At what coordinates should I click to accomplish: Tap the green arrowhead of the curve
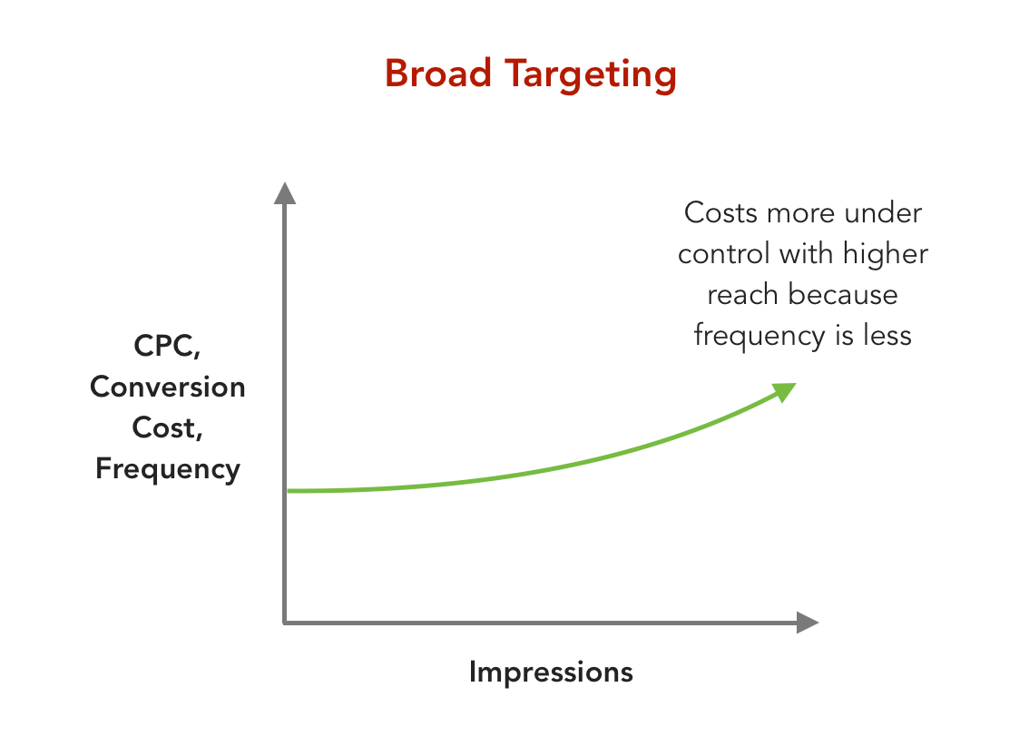(x=784, y=391)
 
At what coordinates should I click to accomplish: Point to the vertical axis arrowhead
(x=285, y=193)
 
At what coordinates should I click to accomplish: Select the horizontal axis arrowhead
(x=807, y=623)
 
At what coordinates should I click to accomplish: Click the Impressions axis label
(x=551, y=672)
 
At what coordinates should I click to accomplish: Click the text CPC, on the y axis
(x=168, y=347)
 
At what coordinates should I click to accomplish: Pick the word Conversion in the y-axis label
(x=168, y=387)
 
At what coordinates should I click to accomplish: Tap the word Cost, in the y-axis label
(x=168, y=427)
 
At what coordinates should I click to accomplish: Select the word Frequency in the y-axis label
(x=168, y=469)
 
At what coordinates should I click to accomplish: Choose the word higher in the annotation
(x=886, y=254)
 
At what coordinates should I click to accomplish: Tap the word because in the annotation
(x=843, y=295)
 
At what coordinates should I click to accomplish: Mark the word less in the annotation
(x=885, y=336)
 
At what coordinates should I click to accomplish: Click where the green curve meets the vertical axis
(x=287, y=491)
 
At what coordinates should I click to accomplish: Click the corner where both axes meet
(x=285, y=623)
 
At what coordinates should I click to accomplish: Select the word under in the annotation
(x=883, y=213)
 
